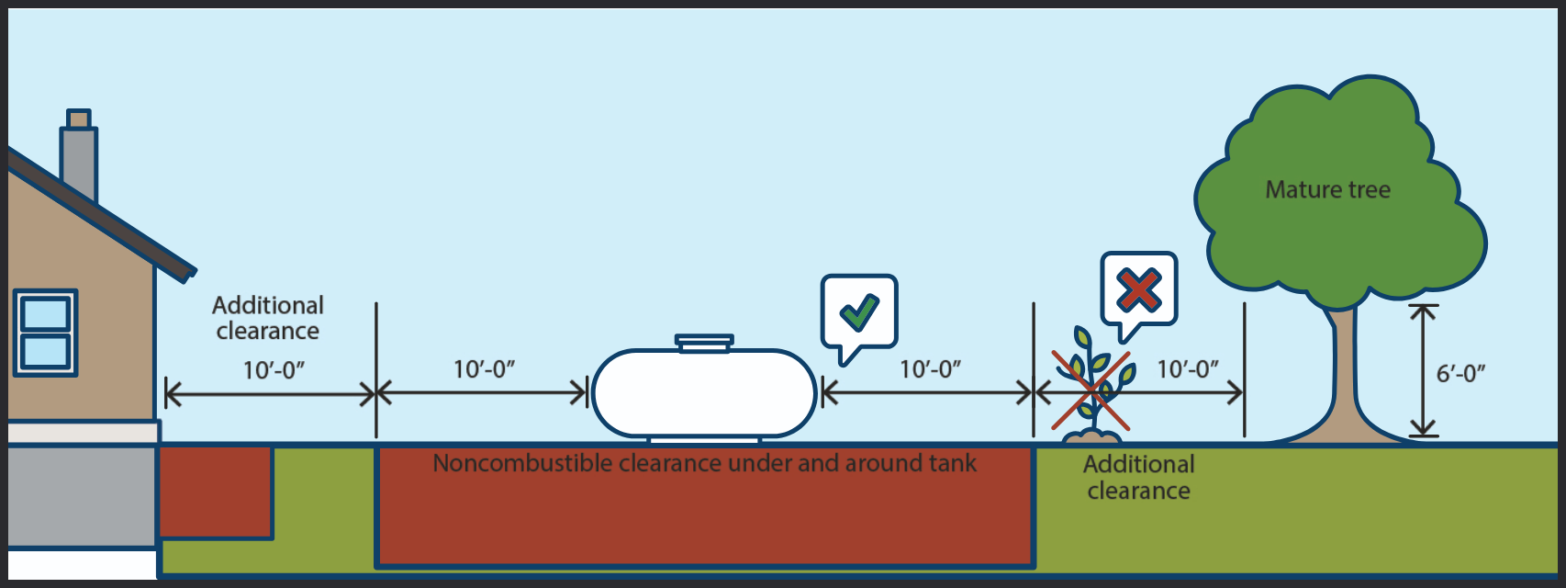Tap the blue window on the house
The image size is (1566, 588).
point(45,333)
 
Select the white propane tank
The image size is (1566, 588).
point(704,393)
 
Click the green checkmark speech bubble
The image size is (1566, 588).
point(859,312)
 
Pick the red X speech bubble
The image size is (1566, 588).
point(1139,289)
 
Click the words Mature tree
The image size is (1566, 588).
point(1327,190)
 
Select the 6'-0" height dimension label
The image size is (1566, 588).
point(1460,374)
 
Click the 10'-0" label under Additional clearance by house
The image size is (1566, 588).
point(274,370)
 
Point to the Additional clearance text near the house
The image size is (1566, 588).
point(268,318)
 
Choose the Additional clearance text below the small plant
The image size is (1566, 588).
point(1139,478)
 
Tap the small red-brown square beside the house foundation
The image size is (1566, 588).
point(216,492)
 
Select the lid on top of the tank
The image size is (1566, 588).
point(704,343)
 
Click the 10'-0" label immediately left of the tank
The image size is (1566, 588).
point(484,369)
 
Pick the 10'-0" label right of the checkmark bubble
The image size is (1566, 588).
point(930,369)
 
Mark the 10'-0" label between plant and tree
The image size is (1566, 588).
point(1188,369)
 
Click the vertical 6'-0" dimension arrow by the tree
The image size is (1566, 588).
point(1423,370)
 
